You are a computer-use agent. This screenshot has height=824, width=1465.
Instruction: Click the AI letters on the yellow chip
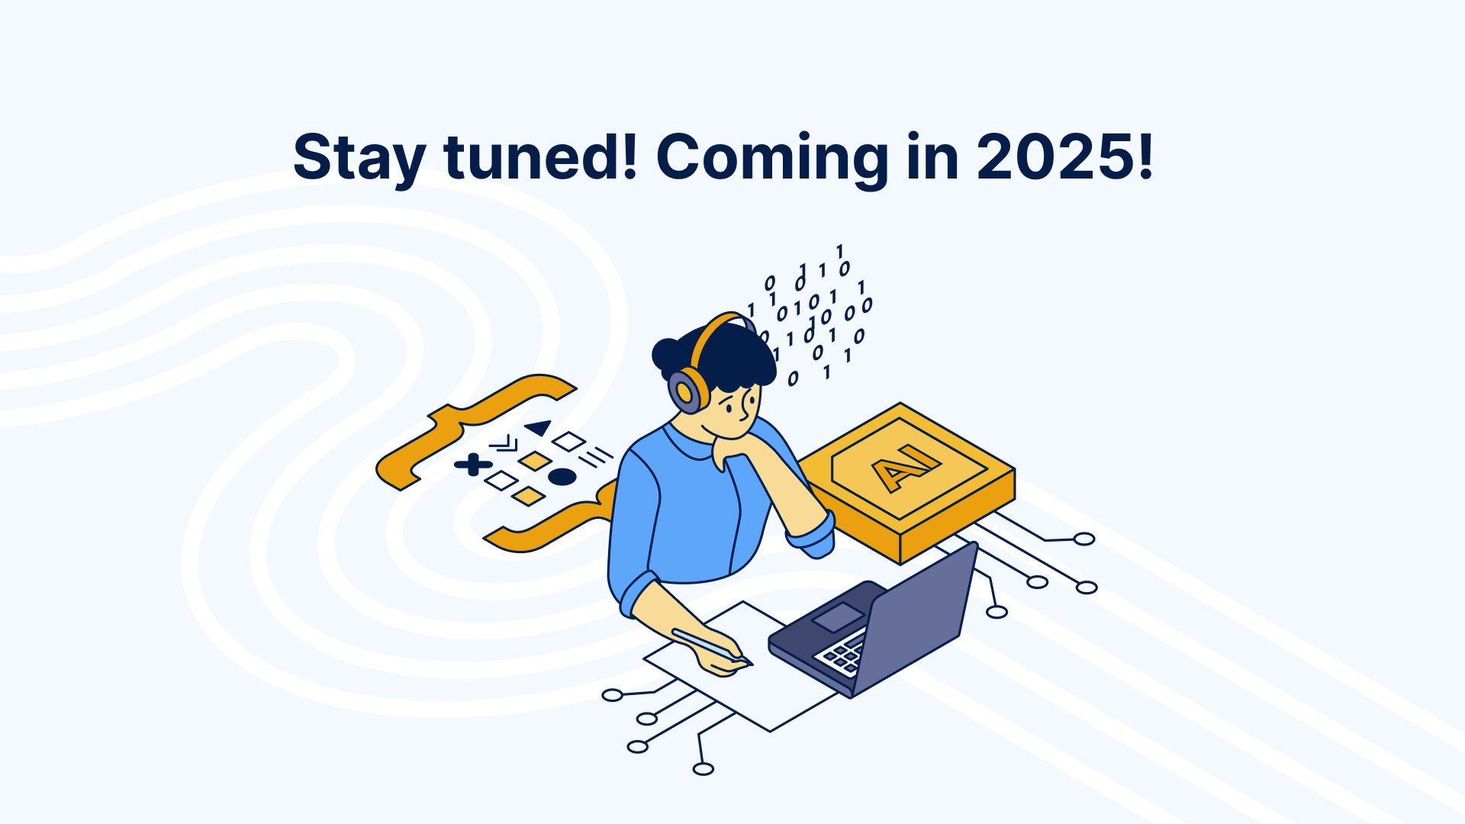(x=906, y=467)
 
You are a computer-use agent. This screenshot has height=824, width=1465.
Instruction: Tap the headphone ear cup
(x=688, y=391)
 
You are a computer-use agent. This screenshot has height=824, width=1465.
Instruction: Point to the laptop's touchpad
(x=838, y=616)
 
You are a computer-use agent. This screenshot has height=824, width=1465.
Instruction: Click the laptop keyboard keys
(x=841, y=655)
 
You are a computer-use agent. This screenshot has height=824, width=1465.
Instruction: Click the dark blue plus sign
(x=473, y=464)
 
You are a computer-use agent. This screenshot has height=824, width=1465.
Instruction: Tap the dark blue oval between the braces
(x=562, y=477)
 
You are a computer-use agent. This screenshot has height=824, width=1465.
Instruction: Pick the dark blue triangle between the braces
(x=539, y=427)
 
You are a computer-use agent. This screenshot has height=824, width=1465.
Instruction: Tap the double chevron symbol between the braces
(x=504, y=443)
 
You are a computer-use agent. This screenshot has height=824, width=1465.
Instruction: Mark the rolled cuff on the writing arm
(x=639, y=593)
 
